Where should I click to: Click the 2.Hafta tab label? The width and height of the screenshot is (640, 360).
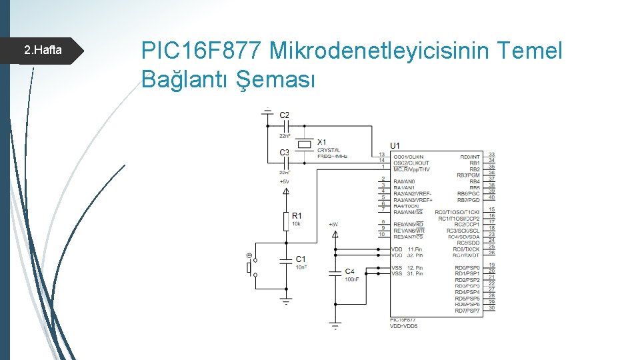tap(43, 50)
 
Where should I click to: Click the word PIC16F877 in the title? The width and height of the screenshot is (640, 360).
tap(201, 50)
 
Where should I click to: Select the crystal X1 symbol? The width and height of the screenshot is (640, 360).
tap(305, 144)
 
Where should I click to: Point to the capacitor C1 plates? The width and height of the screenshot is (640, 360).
tap(286, 259)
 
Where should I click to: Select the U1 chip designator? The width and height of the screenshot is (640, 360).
tap(395, 145)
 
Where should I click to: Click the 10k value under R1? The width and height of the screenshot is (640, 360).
tap(296, 224)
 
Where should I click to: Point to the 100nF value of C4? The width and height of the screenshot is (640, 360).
tap(352, 279)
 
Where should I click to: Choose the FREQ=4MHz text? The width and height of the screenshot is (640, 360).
tap(332, 157)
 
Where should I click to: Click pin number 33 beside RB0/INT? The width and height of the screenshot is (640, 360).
tap(491, 155)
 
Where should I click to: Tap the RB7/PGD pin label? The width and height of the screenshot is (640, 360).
tap(469, 200)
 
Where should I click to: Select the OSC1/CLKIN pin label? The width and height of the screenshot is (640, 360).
tap(408, 157)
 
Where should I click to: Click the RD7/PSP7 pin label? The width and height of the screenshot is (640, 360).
tap(467, 311)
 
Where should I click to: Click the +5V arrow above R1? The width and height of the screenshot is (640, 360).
tap(286, 191)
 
